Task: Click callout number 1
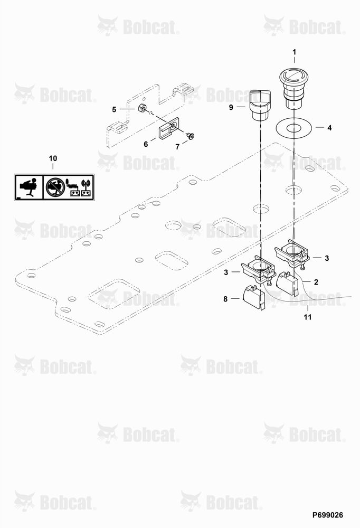295,52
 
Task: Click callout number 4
329,128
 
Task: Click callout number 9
231,107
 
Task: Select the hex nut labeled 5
142,108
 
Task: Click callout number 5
114,109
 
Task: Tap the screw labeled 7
191,136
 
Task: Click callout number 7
177,147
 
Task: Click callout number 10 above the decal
53,158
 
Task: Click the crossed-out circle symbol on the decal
54,187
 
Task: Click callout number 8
225,299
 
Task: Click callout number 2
316,282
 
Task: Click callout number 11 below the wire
307,317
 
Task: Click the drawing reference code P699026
328,515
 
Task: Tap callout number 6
146,144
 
